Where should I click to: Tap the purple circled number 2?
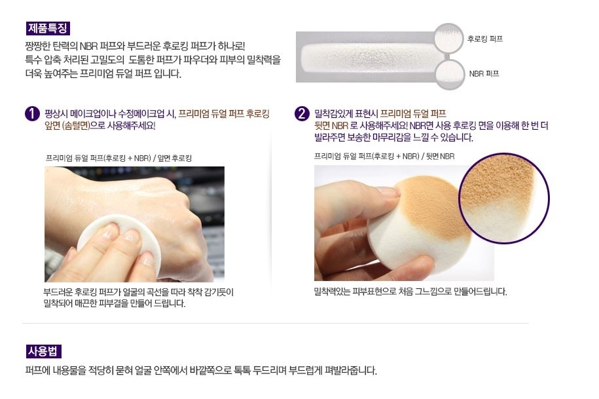point(302,114)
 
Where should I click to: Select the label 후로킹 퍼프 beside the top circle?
point(485,39)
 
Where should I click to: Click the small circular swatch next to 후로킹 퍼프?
point(448,39)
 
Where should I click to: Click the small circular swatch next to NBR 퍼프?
point(449,73)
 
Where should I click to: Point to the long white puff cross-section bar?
point(367,56)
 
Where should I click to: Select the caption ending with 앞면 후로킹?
point(118,158)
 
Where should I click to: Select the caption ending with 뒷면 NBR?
point(384,156)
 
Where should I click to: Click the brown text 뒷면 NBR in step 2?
point(331,126)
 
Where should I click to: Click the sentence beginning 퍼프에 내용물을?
point(200,371)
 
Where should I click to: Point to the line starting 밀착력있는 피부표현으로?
point(410,291)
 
